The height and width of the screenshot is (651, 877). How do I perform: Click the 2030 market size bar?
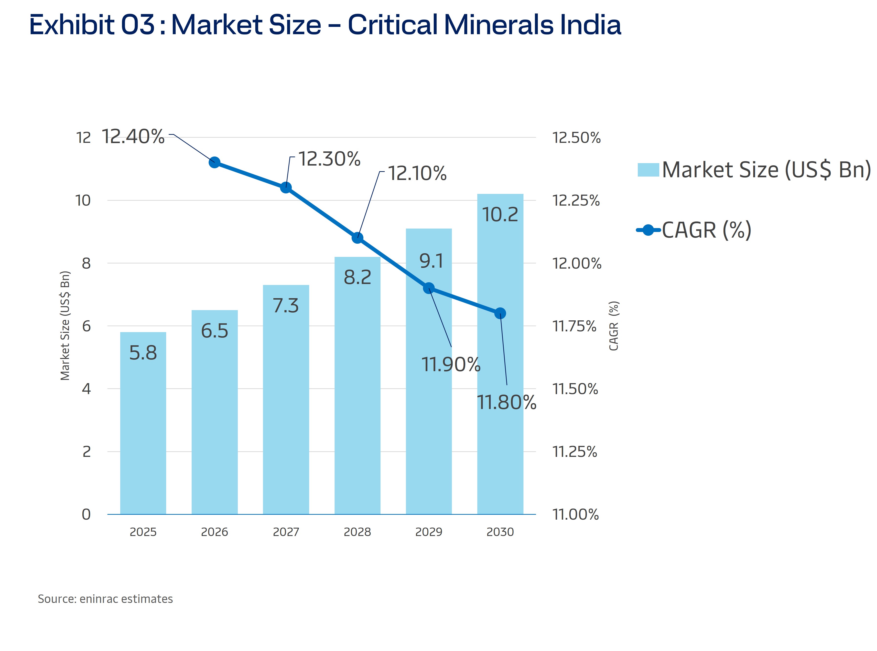(500, 394)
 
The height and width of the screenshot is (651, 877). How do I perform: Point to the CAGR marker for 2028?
(357, 238)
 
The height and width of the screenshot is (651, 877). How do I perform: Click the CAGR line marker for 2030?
(500, 313)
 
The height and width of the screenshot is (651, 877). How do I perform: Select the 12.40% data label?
(133, 137)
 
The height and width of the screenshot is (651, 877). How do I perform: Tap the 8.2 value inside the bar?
(357, 277)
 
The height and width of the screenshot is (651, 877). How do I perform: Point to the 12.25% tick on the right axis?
(576, 200)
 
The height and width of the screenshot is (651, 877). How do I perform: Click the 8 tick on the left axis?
(86, 263)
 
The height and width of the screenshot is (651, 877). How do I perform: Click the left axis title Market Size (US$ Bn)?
(65, 325)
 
